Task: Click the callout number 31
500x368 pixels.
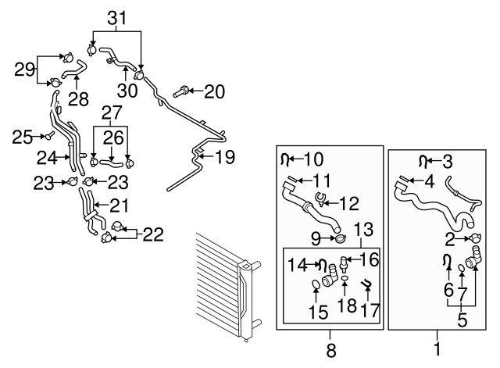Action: [116, 17]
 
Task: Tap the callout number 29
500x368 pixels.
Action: [26, 69]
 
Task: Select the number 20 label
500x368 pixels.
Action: [215, 92]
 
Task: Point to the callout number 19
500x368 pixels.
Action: [224, 158]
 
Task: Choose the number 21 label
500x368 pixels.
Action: [118, 206]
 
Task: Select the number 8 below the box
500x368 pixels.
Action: [331, 351]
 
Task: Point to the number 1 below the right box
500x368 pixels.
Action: [437, 351]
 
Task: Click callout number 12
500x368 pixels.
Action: [349, 204]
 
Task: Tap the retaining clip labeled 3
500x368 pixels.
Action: [424, 162]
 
